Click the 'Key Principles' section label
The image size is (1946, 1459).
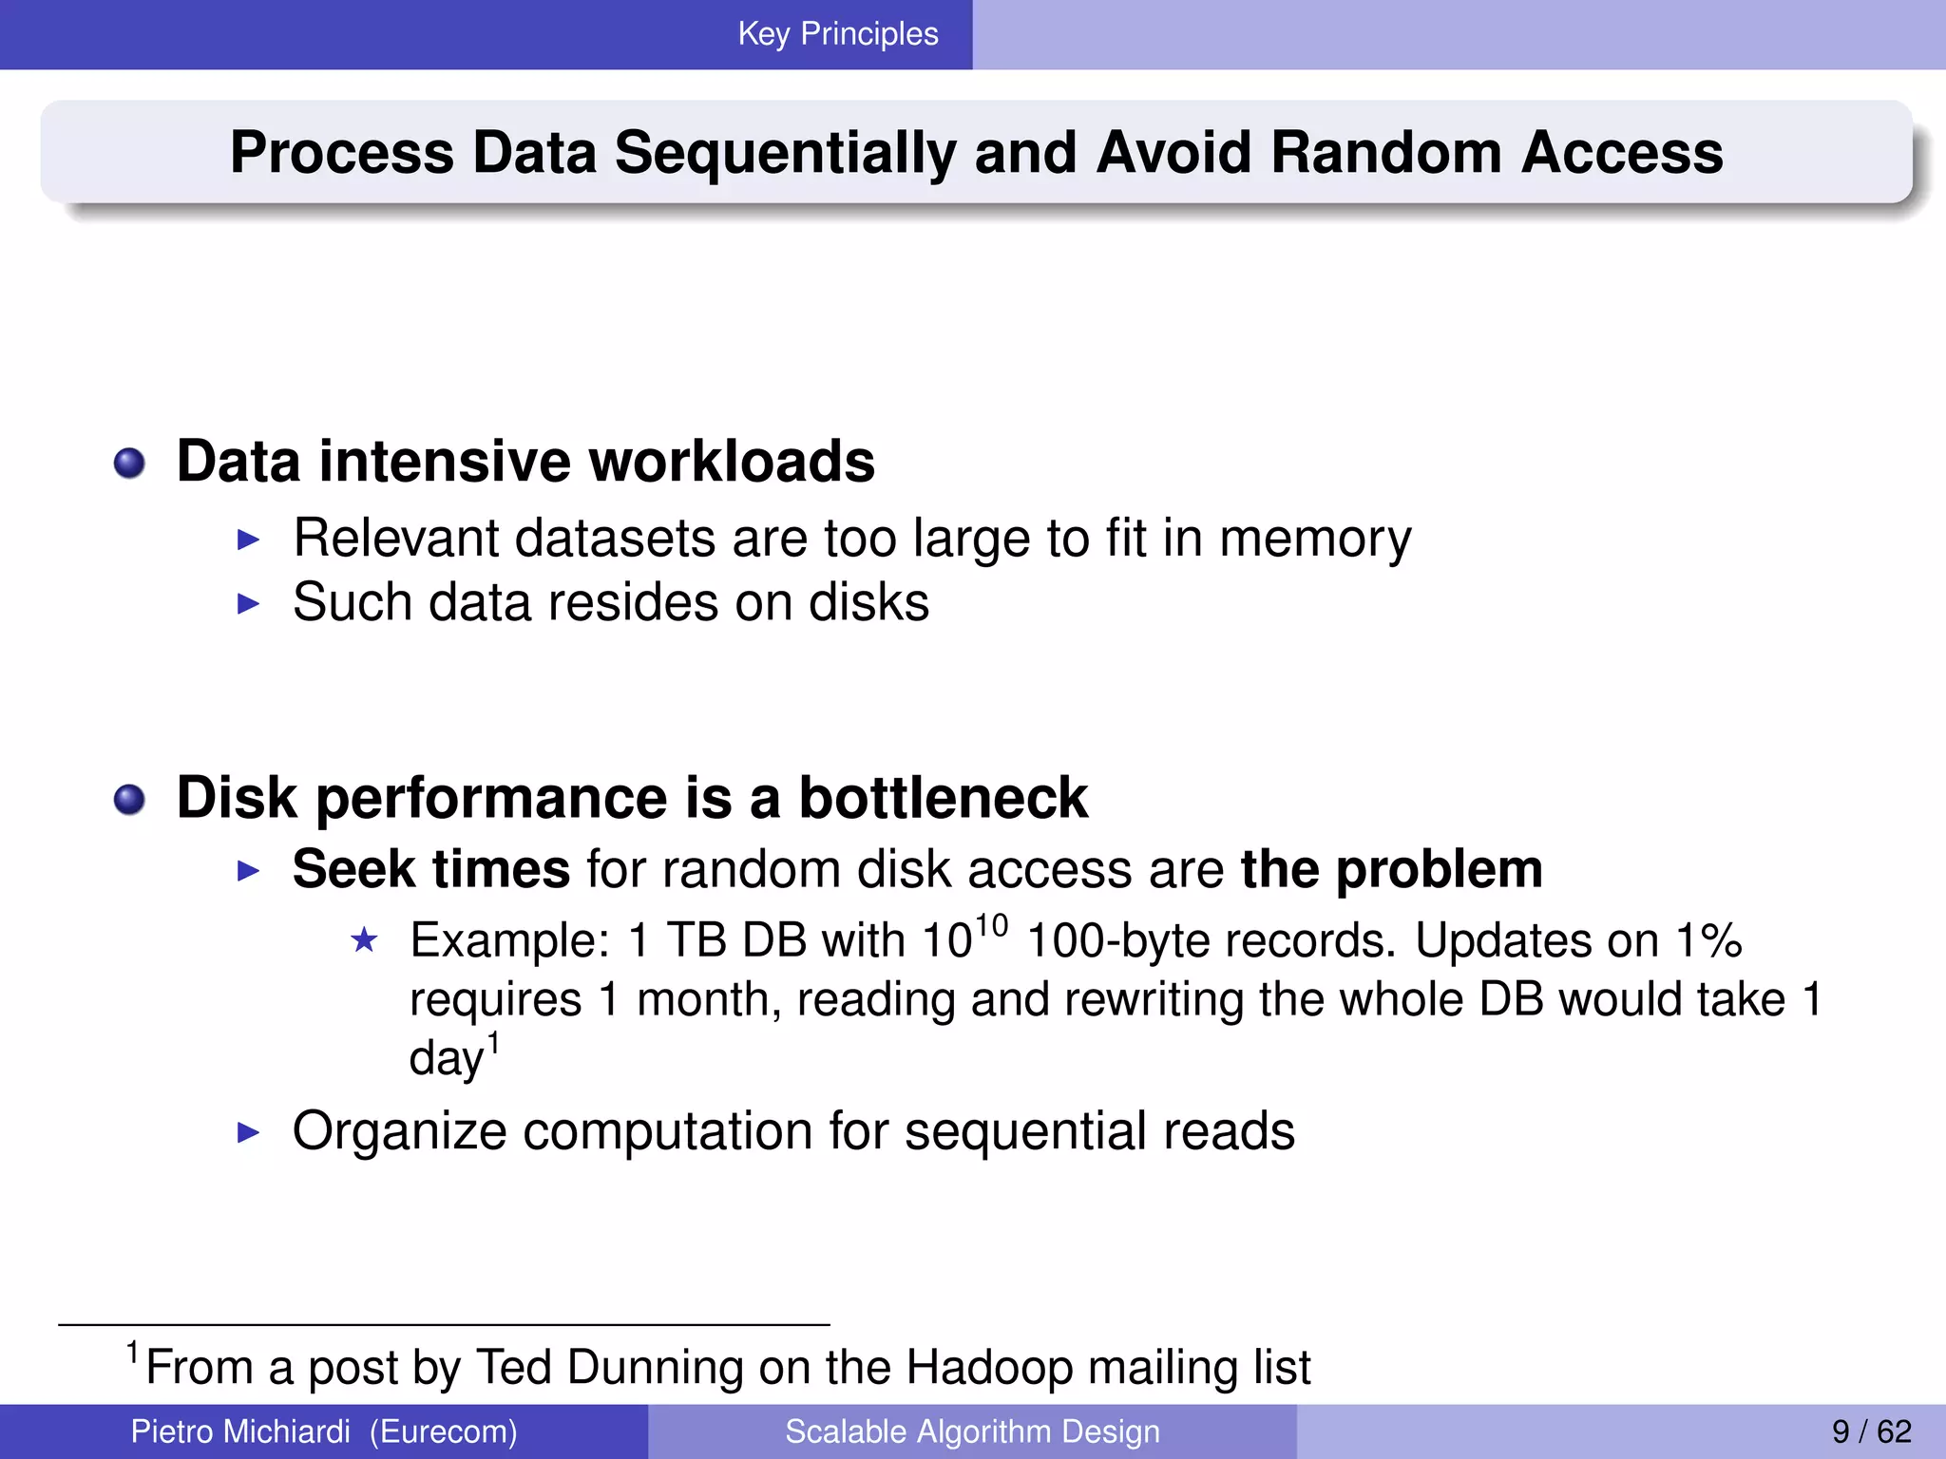(837, 34)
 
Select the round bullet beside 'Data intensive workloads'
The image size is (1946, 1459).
(129, 464)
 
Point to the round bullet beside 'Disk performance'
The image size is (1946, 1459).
(129, 799)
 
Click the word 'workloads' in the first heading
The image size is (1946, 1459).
(732, 462)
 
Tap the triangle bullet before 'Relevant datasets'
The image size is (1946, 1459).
(248, 540)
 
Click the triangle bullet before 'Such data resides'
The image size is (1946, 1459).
(248, 603)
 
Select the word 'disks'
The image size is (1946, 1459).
(868, 603)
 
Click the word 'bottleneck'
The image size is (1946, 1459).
(943, 798)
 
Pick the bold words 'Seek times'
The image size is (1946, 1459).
(430, 869)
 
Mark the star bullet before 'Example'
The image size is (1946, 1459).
(364, 940)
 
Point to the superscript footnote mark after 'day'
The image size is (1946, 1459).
(493, 1044)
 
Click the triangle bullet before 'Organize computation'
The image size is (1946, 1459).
(248, 1132)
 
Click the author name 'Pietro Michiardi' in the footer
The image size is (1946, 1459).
(240, 1431)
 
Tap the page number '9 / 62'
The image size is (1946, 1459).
(1871, 1431)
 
